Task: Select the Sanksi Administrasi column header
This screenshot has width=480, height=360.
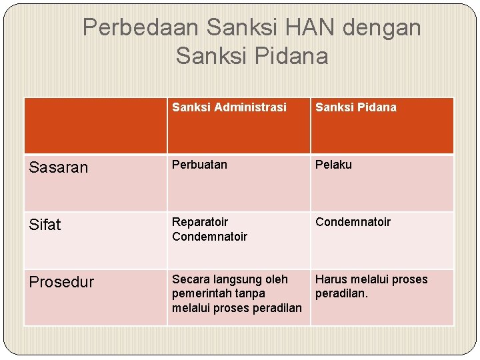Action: click(x=229, y=107)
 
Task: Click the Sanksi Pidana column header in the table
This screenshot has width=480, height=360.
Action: click(x=355, y=107)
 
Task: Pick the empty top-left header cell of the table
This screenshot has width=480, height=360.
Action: click(x=95, y=125)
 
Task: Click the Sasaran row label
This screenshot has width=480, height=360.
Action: click(x=59, y=167)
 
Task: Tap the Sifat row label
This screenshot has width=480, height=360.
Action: click(x=45, y=225)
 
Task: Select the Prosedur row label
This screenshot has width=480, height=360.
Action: click(x=62, y=282)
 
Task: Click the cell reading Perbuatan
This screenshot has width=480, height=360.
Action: click(x=199, y=165)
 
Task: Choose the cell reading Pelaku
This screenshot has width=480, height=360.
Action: click(x=333, y=165)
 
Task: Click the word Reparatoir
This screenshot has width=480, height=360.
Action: click(x=200, y=222)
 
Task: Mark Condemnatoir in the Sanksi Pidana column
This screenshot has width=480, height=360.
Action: click(x=353, y=222)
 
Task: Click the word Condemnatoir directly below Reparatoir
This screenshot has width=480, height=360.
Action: click(x=209, y=237)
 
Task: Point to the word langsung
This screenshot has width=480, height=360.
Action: click(x=237, y=279)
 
